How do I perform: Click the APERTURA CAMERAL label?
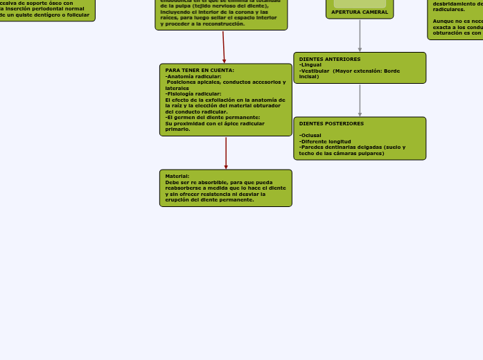click(x=360, y=12)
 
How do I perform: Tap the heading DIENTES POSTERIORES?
click(x=331, y=124)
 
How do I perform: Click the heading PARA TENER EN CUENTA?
click(x=200, y=70)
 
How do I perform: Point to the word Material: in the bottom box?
click(x=177, y=176)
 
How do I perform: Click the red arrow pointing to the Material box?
click(x=226, y=154)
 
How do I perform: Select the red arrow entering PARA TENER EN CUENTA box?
click(x=224, y=48)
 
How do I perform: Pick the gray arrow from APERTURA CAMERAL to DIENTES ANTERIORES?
click(x=360, y=36)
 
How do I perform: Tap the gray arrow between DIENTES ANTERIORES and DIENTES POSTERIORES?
click(x=360, y=100)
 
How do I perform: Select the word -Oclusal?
click(x=310, y=136)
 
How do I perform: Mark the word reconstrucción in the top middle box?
click(x=223, y=24)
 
